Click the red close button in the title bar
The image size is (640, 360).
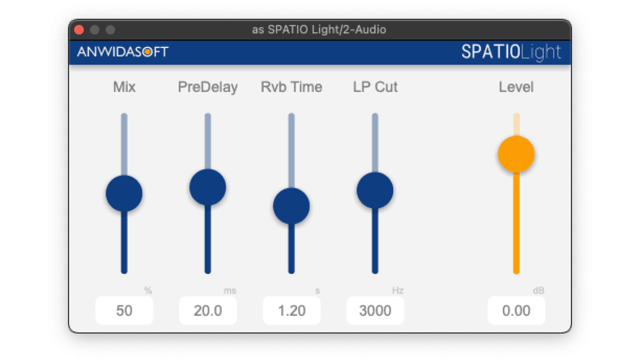coord(79,30)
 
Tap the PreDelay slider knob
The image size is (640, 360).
coord(208,187)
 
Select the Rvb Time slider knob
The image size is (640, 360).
coord(291,206)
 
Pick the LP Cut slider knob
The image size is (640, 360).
coord(375,190)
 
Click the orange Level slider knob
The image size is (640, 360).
coord(516,154)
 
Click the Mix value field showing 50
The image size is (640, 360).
coord(124,311)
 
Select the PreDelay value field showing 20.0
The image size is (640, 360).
coord(208,311)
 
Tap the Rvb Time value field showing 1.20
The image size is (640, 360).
coord(292,311)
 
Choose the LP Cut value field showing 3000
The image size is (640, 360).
coord(375,311)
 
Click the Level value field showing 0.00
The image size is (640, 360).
coord(516,311)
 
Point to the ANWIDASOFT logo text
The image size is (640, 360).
coord(123,52)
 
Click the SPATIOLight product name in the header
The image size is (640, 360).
coord(511,52)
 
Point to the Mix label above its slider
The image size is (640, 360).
coord(124,87)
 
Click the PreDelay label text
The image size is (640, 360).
coord(208,87)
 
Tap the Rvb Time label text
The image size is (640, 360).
coord(292,87)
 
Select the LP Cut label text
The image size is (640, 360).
coord(375,87)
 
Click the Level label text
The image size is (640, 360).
coord(516,87)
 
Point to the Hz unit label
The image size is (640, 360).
coord(397,291)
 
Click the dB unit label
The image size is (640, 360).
coord(538,291)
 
